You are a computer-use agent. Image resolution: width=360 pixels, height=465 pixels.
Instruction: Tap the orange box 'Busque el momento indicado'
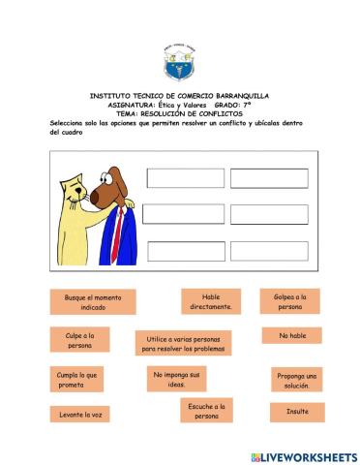[x=93, y=301]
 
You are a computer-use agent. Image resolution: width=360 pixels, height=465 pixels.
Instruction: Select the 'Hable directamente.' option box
[x=211, y=301]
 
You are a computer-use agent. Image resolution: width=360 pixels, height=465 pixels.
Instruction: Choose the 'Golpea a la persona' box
[x=290, y=301]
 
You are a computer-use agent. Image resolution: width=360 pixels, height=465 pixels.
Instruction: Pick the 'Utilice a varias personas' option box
[x=183, y=344]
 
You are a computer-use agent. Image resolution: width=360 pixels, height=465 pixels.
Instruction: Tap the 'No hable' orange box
[x=291, y=335]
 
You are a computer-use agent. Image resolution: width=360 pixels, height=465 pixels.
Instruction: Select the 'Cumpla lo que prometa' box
[x=77, y=379]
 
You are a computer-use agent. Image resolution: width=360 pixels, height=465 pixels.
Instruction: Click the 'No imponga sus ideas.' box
[x=176, y=379]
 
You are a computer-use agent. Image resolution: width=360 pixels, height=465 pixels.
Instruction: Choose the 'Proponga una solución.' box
[x=297, y=380]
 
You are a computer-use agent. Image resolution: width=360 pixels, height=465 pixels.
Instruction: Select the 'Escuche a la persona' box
[x=207, y=411]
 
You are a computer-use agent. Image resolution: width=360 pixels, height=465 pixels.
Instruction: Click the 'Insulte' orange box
[x=297, y=412]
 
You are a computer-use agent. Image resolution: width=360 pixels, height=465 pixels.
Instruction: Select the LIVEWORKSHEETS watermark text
[x=308, y=455]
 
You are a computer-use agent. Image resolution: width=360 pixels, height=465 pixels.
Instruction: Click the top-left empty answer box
[x=185, y=178]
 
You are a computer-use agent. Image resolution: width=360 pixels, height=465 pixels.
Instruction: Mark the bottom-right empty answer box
[x=268, y=251]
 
